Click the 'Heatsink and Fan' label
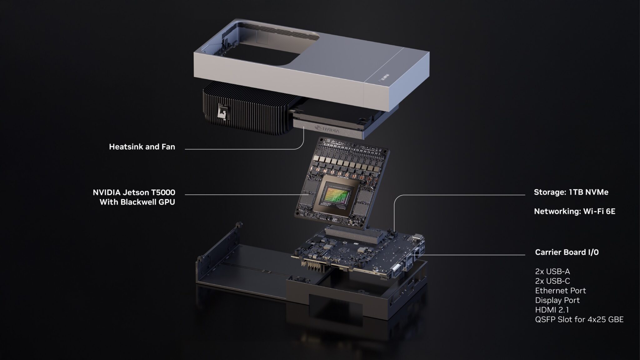(142, 147)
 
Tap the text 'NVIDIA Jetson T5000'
(134, 192)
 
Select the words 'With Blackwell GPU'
(137, 202)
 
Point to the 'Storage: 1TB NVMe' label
(571, 192)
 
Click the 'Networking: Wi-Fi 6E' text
(574, 212)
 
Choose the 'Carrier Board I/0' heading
(567, 252)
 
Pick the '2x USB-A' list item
(552, 271)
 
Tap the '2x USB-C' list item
(552, 281)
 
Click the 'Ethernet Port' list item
(560, 291)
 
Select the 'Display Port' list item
(557, 300)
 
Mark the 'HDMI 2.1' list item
(552, 310)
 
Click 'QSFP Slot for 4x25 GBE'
(579, 320)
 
